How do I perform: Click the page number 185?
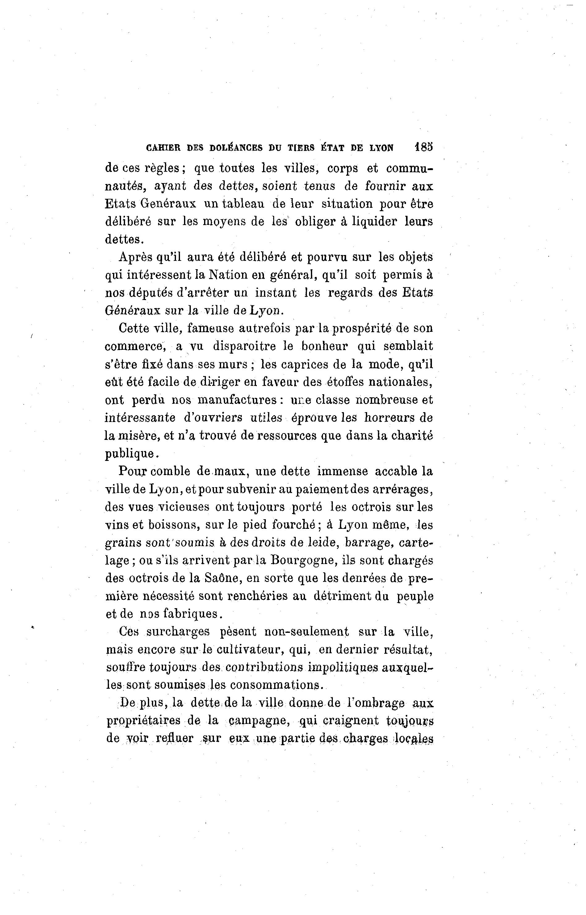point(424,147)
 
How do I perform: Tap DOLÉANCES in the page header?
point(236,148)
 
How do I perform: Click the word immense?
point(342,471)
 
